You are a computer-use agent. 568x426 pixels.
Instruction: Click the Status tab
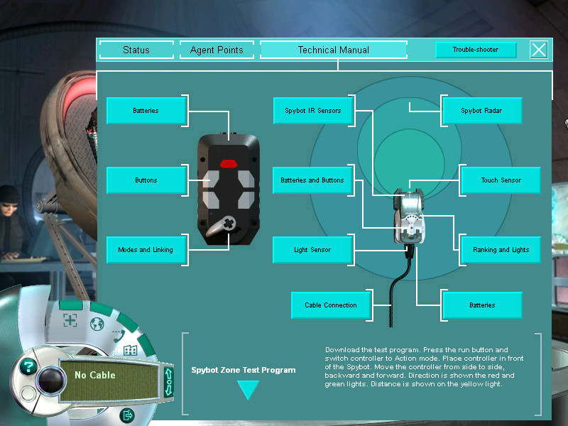coord(136,50)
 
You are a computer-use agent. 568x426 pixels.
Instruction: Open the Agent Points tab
coord(217,50)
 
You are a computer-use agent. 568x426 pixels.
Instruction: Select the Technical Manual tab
coord(334,50)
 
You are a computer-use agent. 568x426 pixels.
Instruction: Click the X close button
coord(539,50)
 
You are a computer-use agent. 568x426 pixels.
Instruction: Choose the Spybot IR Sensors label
coord(313,111)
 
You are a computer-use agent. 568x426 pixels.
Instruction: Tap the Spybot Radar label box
coord(481,111)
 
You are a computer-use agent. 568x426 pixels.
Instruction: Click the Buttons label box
coord(146,180)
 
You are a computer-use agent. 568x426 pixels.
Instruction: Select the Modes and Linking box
coord(146,250)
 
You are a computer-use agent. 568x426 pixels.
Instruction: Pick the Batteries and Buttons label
coord(312,180)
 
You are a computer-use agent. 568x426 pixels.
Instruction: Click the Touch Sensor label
coord(501,180)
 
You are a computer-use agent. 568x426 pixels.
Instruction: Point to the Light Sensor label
coord(312,250)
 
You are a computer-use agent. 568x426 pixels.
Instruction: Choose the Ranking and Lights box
coord(501,250)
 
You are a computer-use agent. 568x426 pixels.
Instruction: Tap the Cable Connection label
coord(331,305)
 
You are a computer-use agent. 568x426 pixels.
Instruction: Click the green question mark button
coord(28,366)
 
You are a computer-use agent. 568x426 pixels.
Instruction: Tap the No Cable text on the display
coord(95,375)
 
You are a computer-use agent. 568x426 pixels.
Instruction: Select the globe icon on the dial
coord(97,324)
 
